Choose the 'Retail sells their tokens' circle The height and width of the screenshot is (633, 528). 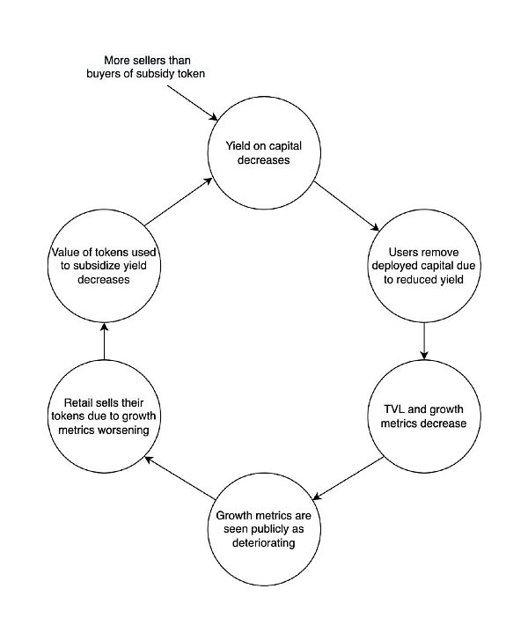point(104,416)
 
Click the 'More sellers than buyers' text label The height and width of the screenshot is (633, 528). point(145,67)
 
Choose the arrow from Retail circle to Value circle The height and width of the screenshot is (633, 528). point(104,341)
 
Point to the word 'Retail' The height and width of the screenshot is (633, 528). point(70,403)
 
